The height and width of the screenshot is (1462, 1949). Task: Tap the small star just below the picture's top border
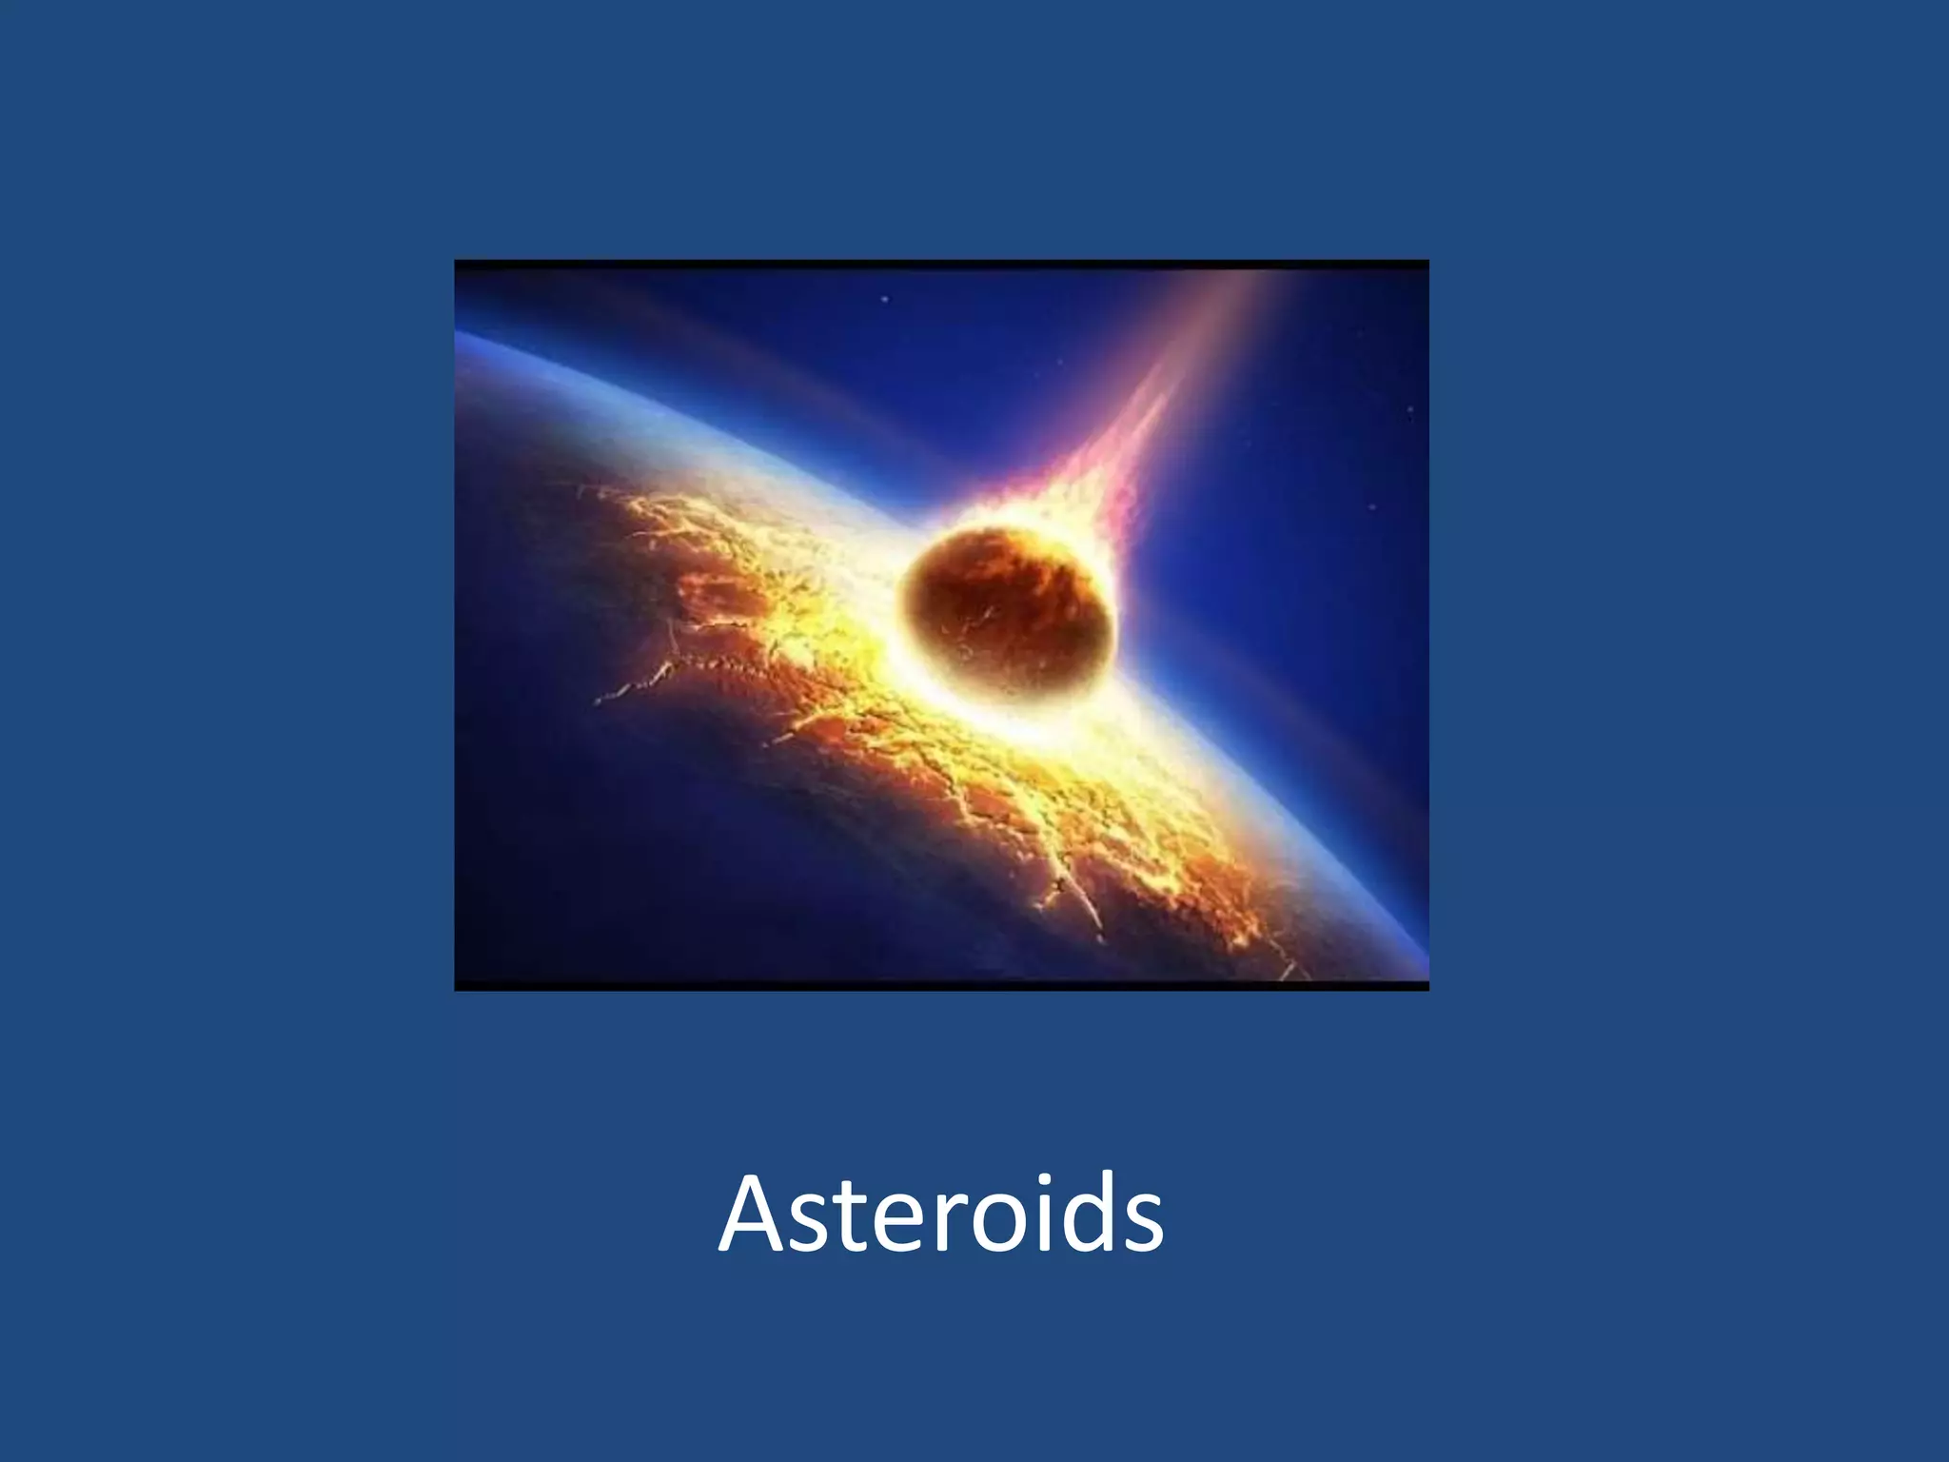(885, 300)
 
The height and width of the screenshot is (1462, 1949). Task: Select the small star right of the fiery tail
(1372, 507)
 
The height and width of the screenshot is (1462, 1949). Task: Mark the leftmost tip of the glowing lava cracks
(598, 702)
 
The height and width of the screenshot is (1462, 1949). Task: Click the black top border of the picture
(942, 263)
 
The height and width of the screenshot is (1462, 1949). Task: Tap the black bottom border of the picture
(942, 986)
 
